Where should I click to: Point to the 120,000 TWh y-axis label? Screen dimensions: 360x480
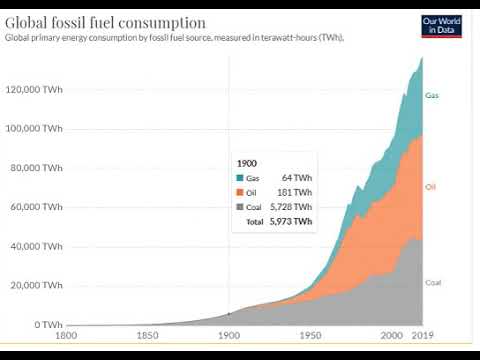(x=34, y=89)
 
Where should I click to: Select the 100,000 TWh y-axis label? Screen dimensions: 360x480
(x=34, y=128)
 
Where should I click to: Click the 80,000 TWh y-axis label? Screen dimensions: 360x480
(x=36, y=168)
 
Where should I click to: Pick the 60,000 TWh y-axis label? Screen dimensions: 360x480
(x=36, y=207)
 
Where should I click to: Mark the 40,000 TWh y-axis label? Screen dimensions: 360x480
(x=36, y=246)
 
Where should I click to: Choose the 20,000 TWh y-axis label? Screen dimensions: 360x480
(x=36, y=286)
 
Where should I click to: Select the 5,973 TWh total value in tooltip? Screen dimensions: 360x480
(x=290, y=221)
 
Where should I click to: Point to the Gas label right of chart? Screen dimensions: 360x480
(x=431, y=96)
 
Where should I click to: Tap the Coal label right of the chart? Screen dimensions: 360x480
(x=432, y=282)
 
